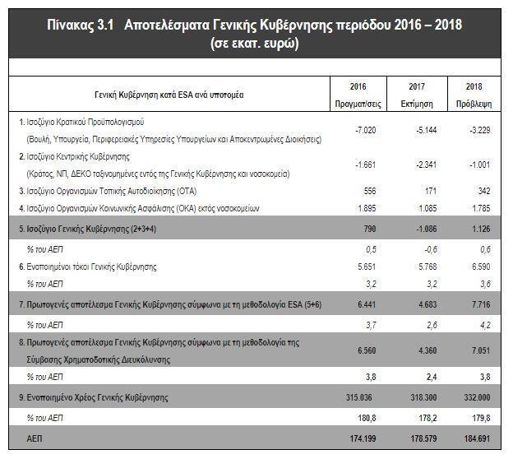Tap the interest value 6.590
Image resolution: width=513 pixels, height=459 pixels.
474,267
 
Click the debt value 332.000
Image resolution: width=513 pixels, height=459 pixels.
471,398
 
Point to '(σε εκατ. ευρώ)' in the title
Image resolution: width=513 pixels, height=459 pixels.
254,43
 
